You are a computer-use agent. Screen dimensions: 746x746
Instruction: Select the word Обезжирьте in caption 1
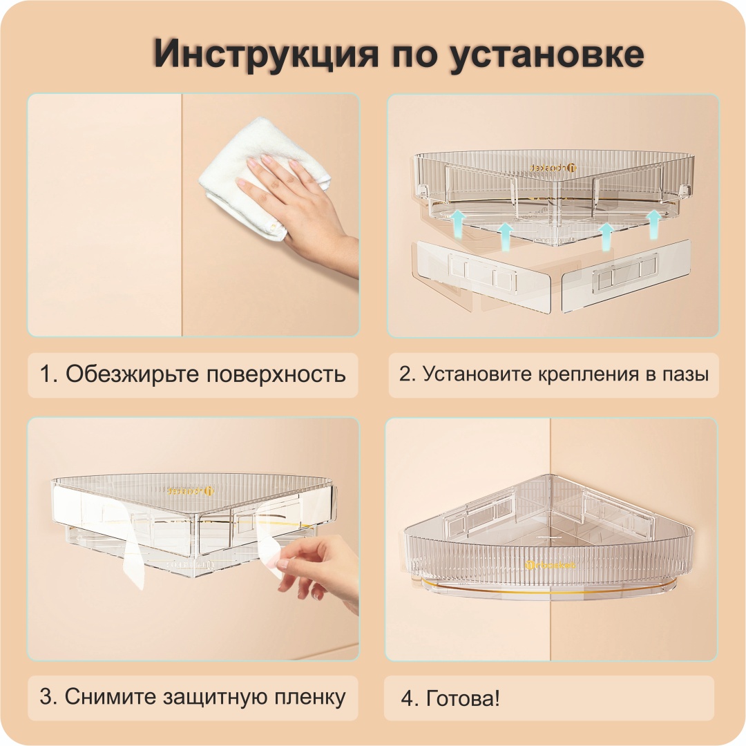[132, 374]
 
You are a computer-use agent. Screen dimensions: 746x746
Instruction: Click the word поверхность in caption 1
[276, 374]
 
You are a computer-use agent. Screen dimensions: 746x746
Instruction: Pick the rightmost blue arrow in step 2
[654, 224]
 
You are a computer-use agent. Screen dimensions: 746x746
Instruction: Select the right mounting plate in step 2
[627, 276]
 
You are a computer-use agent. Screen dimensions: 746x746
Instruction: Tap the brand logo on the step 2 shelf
[554, 167]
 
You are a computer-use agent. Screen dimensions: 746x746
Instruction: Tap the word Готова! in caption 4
[463, 698]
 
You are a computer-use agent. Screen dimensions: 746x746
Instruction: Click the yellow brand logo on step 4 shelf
[551, 565]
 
